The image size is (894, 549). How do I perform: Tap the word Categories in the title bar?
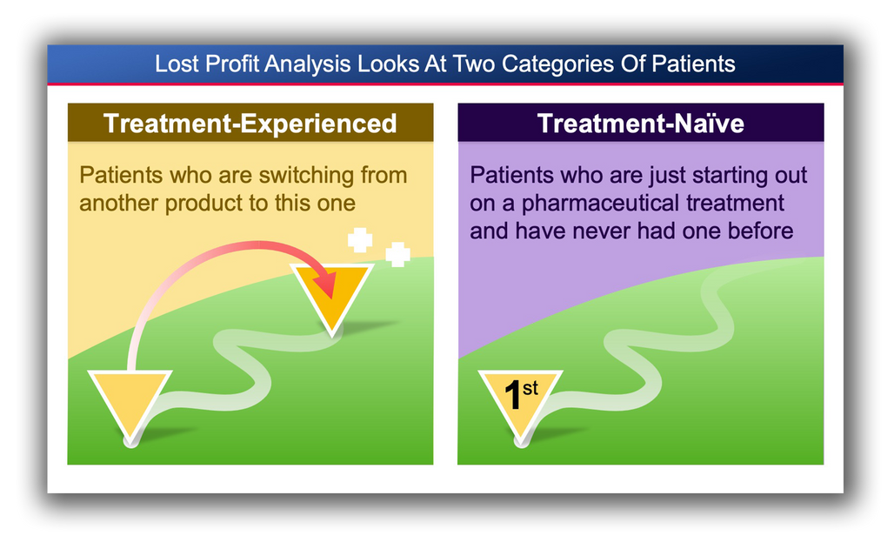click(558, 64)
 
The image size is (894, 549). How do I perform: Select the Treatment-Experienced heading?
click(250, 124)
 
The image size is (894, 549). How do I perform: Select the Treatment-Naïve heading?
click(641, 124)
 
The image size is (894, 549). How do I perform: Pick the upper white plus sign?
click(360, 240)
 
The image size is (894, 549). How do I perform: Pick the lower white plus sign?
click(397, 255)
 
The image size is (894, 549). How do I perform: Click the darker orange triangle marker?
click(332, 292)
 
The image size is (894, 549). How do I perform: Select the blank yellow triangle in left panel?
click(130, 401)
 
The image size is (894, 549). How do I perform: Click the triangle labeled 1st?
click(520, 401)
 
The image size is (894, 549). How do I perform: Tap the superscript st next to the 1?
click(530, 389)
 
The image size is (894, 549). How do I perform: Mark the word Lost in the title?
click(177, 64)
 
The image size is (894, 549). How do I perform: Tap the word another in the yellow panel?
click(119, 204)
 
